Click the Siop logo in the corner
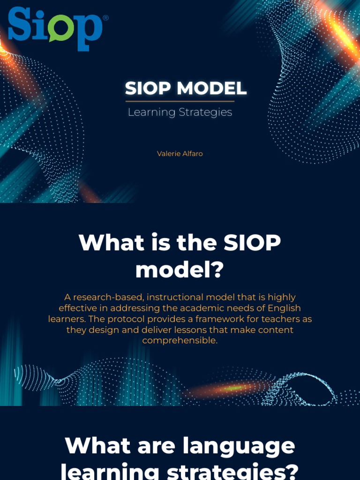pyautogui.click(x=55, y=28)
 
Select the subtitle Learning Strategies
pyautogui.click(x=180, y=112)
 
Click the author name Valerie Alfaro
pyautogui.click(x=180, y=154)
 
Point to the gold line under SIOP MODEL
pyautogui.click(x=180, y=101)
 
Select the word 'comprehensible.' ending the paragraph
pyautogui.click(x=180, y=340)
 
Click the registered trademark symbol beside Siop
pyautogui.click(x=105, y=18)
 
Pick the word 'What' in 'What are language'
pyautogui.click(x=93, y=445)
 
